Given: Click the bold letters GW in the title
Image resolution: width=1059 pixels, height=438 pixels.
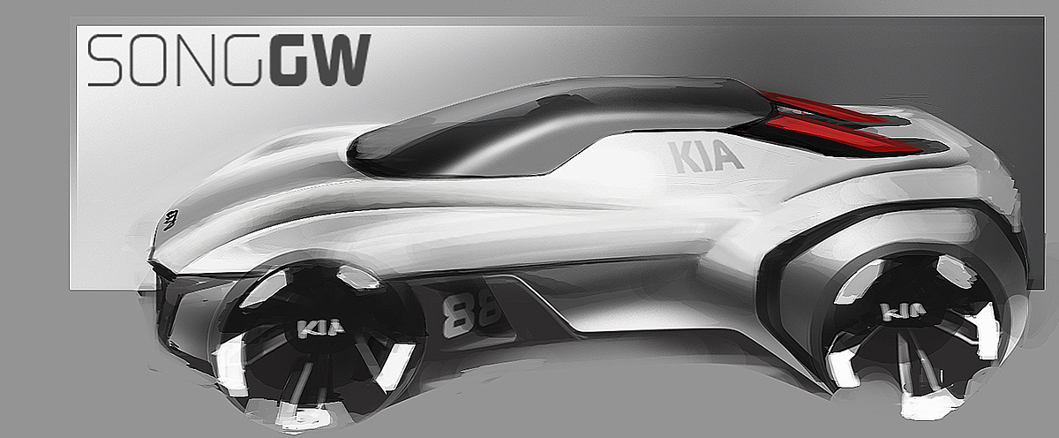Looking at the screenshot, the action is tap(321, 60).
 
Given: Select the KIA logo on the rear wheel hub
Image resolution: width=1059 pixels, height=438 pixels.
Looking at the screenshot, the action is tap(903, 312).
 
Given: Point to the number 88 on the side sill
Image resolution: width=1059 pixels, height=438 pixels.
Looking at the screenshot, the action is tap(470, 314).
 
